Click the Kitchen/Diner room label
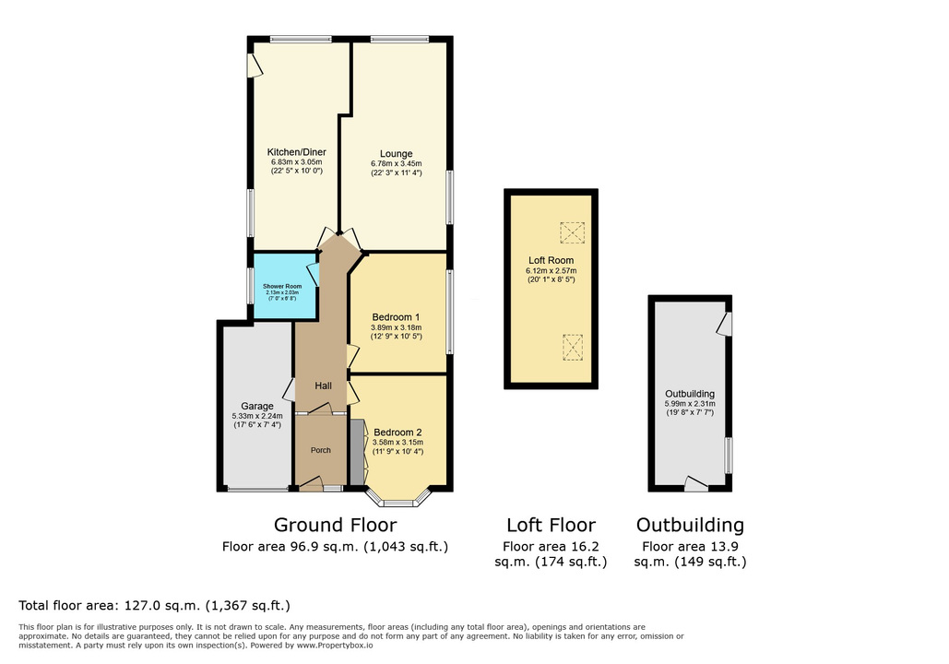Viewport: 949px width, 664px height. [x=297, y=152]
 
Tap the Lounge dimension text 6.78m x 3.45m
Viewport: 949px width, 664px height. [x=397, y=163]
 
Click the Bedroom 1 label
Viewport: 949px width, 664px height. [x=396, y=317]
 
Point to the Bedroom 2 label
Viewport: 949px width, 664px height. [x=397, y=433]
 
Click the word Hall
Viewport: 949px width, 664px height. [x=323, y=385]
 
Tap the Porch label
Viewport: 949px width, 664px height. [x=321, y=450]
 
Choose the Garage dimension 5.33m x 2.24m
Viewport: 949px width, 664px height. [x=257, y=417]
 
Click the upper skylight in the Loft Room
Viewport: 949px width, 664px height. [x=572, y=233]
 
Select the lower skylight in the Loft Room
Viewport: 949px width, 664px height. [x=572, y=348]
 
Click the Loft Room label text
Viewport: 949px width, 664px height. [x=551, y=260]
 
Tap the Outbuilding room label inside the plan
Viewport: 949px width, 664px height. [x=690, y=394]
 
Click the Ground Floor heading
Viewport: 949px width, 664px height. [x=336, y=525]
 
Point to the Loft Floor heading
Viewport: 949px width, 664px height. [x=551, y=525]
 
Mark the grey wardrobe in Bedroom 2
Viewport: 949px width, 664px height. [x=357, y=452]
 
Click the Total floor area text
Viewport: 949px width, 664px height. [x=154, y=605]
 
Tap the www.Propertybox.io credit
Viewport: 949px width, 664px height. [x=335, y=646]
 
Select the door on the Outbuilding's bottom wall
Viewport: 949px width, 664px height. [x=696, y=483]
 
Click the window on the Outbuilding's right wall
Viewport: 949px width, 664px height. [x=729, y=456]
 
